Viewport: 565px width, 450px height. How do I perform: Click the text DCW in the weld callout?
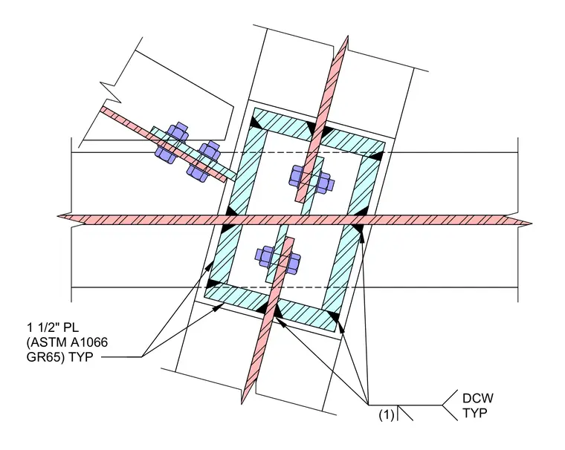point(478,398)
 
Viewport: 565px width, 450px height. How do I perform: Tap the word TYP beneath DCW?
point(474,413)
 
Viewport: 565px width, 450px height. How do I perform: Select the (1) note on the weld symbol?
point(387,415)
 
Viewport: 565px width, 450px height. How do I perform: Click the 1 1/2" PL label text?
point(53,327)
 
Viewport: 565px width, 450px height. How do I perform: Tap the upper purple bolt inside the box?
point(311,178)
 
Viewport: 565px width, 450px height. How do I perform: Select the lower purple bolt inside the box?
point(278,261)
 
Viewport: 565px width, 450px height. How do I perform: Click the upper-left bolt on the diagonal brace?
point(172,141)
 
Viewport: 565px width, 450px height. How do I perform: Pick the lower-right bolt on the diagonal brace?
point(204,160)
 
